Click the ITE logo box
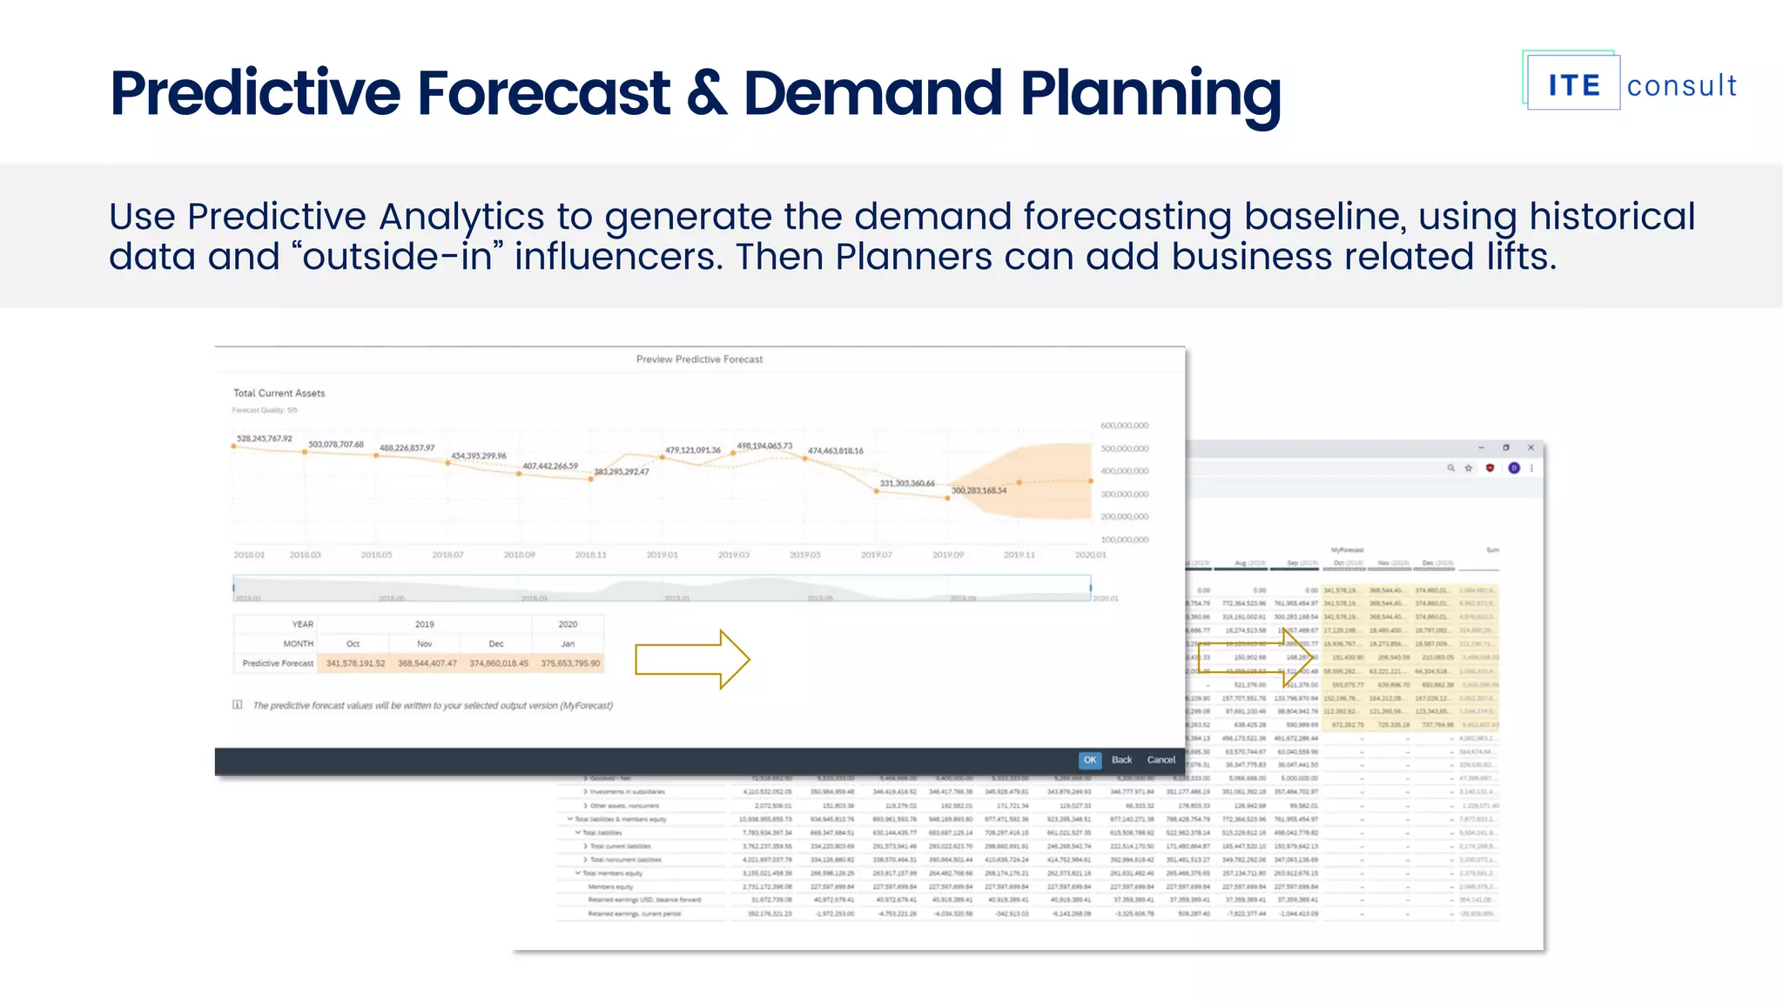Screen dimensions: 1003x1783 coord(1573,84)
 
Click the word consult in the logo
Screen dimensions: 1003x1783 coord(1681,85)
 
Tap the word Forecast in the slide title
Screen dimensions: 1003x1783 coord(543,93)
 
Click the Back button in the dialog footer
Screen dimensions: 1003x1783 coord(1121,759)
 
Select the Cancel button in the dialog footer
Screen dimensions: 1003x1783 coord(1161,759)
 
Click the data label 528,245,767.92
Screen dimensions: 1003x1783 coord(265,438)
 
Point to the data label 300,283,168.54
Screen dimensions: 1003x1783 coord(979,490)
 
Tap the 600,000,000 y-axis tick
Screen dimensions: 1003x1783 coord(1124,426)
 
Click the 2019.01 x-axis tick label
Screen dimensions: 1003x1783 coord(662,555)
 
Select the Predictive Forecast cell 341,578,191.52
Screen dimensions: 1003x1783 coord(355,663)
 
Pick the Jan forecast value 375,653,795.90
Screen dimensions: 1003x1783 coord(570,663)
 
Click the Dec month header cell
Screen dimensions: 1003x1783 coord(496,643)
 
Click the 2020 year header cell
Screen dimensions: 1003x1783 coord(568,624)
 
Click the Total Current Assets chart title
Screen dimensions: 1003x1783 coord(279,393)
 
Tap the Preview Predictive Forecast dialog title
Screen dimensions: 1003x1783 coord(699,359)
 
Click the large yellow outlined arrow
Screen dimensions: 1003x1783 coord(691,659)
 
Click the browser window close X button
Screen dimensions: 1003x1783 coord(1531,448)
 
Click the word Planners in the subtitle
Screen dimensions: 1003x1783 coord(913,257)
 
